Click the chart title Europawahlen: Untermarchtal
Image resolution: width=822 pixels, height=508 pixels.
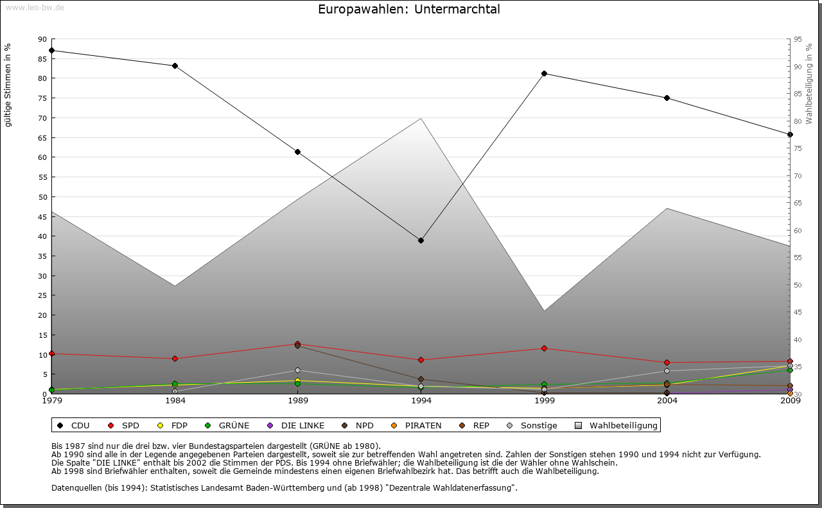[x=408, y=10]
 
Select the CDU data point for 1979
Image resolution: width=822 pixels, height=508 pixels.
[x=51, y=50]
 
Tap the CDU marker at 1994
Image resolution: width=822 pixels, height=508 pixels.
[x=421, y=240]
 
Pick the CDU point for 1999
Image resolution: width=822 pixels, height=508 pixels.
[x=544, y=73]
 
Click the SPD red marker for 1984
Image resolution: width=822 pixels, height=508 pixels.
[x=175, y=358]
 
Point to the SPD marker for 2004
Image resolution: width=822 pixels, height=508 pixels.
[x=667, y=363]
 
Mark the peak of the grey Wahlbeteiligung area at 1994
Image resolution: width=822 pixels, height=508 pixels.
[x=421, y=118]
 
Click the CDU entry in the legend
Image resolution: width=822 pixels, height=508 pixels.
[x=73, y=425]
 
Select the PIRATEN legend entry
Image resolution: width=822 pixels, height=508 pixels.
[x=417, y=425]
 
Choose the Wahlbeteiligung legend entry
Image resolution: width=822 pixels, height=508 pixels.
[x=616, y=425]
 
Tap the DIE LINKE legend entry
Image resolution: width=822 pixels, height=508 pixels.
[x=296, y=425]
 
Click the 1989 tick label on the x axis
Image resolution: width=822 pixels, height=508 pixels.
[x=298, y=401]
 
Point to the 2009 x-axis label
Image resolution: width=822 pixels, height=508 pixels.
[x=790, y=401]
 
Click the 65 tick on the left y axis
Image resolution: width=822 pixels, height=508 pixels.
[x=43, y=137]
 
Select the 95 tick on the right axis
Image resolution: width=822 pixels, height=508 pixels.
[x=798, y=39]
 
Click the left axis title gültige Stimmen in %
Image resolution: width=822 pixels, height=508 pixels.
[x=8, y=85]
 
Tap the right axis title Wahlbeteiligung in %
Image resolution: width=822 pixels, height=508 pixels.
[x=809, y=83]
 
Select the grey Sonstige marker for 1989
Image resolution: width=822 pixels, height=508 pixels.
[x=298, y=370]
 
